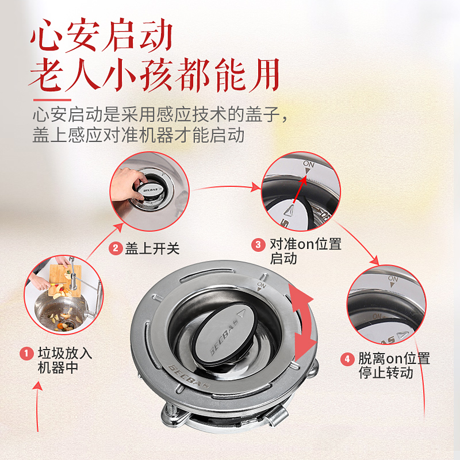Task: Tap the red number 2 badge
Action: pyautogui.click(x=116, y=248)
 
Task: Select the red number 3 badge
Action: pyautogui.click(x=258, y=244)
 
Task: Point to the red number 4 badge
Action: pyautogui.click(x=347, y=359)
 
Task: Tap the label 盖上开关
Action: pyautogui.click(x=152, y=248)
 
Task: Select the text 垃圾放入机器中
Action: pyautogui.click(x=64, y=360)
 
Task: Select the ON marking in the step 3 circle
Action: pyautogui.click(x=309, y=164)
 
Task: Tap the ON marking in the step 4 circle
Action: pyautogui.click(x=393, y=279)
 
